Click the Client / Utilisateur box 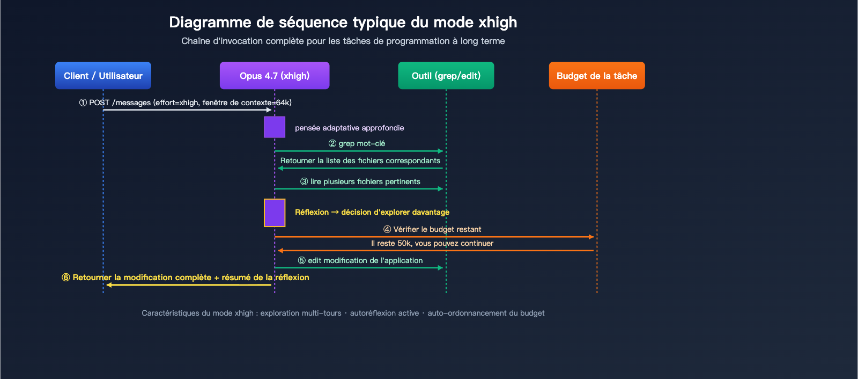pyautogui.click(x=103, y=76)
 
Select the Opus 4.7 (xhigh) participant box pyautogui.click(x=275, y=76)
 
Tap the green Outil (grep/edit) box pyautogui.click(x=446, y=76)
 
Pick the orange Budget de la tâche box pyautogui.click(x=597, y=76)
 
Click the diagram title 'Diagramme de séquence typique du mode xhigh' pyautogui.click(x=343, y=22)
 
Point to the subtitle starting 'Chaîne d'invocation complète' pyautogui.click(x=343, y=41)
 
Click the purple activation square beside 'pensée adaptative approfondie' pyautogui.click(x=275, y=127)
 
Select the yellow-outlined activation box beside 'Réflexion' pyautogui.click(x=275, y=213)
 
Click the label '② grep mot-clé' pyautogui.click(x=357, y=143)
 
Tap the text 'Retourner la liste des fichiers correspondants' pyautogui.click(x=360, y=161)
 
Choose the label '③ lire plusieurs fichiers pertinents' pyautogui.click(x=360, y=181)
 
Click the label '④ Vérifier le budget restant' pyautogui.click(x=432, y=229)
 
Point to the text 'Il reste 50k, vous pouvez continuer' pyautogui.click(x=432, y=243)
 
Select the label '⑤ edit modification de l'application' pyautogui.click(x=360, y=260)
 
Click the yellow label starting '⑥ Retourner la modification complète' pyautogui.click(x=186, y=278)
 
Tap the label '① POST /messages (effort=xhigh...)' pyautogui.click(x=186, y=103)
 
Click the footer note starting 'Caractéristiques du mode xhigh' pyautogui.click(x=343, y=313)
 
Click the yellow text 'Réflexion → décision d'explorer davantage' pyautogui.click(x=372, y=212)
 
